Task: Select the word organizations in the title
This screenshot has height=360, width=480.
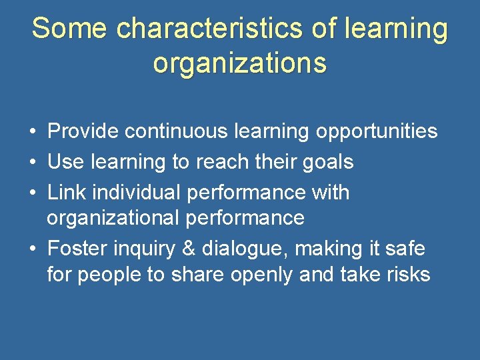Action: (240, 63)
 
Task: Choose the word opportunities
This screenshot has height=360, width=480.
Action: (377, 131)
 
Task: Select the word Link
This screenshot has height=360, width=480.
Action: (67, 193)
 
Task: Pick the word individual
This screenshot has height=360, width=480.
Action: (137, 193)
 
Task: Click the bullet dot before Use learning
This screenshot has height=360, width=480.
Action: (33, 163)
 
